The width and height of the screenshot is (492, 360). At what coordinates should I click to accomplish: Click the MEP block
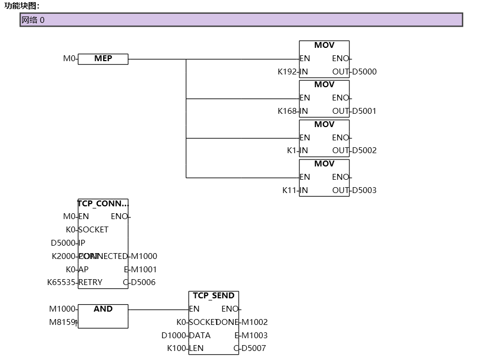click(103, 59)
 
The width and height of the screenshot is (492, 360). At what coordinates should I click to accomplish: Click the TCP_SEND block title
click(213, 296)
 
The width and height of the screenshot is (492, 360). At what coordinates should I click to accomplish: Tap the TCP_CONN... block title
click(103, 203)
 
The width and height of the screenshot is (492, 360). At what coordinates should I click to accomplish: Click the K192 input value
click(287, 72)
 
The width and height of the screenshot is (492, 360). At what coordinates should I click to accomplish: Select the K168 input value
click(287, 111)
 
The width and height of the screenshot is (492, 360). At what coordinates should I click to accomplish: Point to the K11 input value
click(289, 190)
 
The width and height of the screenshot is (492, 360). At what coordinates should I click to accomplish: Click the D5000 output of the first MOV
click(364, 72)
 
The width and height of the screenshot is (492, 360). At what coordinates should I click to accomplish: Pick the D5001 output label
click(364, 111)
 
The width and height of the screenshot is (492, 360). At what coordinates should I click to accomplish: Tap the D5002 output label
click(364, 150)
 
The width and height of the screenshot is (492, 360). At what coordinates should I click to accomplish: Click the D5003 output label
click(364, 190)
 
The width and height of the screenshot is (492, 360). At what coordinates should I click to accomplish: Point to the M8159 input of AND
click(62, 322)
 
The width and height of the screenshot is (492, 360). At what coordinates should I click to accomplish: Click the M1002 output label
click(255, 322)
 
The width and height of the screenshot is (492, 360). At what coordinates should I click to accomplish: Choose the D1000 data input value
click(174, 336)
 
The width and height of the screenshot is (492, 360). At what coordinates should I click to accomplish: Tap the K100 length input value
click(177, 348)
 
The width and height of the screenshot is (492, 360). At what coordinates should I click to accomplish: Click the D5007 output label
click(254, 348)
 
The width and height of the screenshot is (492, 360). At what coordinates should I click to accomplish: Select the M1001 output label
click(144, 270)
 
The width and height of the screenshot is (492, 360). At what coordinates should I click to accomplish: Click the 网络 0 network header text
click(33, 20)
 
